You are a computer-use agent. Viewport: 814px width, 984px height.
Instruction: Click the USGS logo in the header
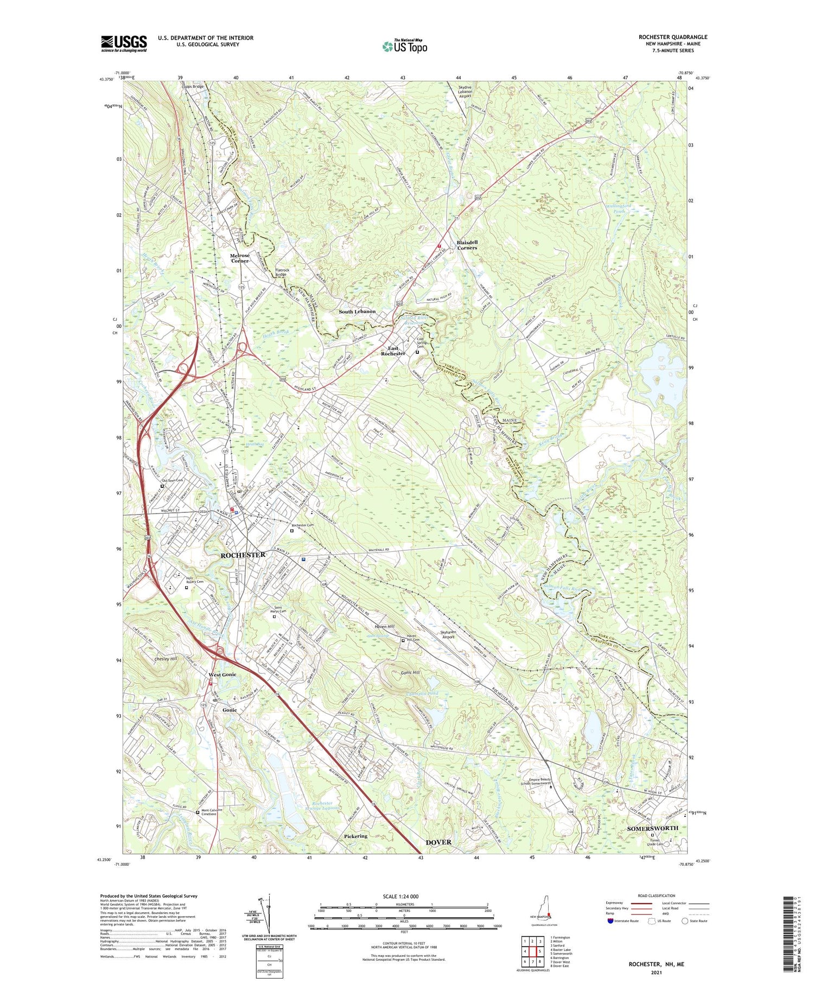pyautogui.click(x=124, y=43)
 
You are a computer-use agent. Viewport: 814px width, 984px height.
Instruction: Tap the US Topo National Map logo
pyautogui.click(x=404, y=46)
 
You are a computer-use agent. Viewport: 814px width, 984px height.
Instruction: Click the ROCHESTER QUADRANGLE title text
pyautogui.click(x=672, y=37)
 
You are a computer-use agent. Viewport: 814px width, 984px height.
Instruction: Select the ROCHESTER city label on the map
pyautogui.click(x=243, y=555)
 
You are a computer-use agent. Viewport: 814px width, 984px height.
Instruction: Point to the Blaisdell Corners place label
pyautogui.click(x=466, y=245)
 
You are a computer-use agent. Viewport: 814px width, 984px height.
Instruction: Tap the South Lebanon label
pyautogui.click(x=357, y=312)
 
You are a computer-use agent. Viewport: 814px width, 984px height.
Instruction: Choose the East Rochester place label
pyautogui.click(x=393, y=351)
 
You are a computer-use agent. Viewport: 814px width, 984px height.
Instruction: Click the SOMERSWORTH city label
pyautogui.click(x=652, y=828)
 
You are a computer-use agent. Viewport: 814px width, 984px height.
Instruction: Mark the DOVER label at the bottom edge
pyautogui.click(x=438, y=842)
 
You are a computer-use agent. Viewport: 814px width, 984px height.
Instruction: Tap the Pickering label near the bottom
pyautogui.click(x=355, y=836)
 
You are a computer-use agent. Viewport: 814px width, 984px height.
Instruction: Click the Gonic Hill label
pyautogui.click(x=410, y=672)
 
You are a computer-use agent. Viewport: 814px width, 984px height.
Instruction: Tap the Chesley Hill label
pyautogui.click(x=166, y=659)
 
